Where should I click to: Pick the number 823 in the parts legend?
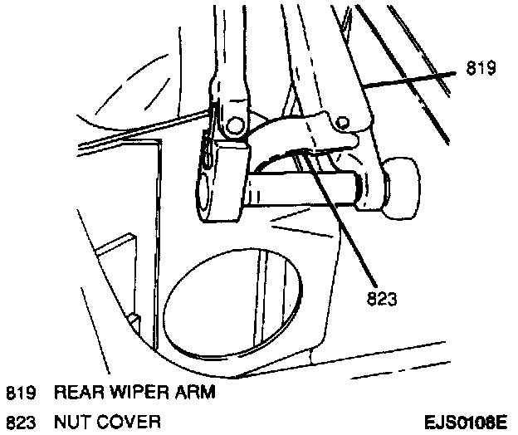click(x=20, y=422)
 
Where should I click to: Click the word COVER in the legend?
click(x=125, y=422)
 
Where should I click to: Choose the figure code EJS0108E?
click(x=465, y=422)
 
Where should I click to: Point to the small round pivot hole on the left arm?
click(x=234, y=125)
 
